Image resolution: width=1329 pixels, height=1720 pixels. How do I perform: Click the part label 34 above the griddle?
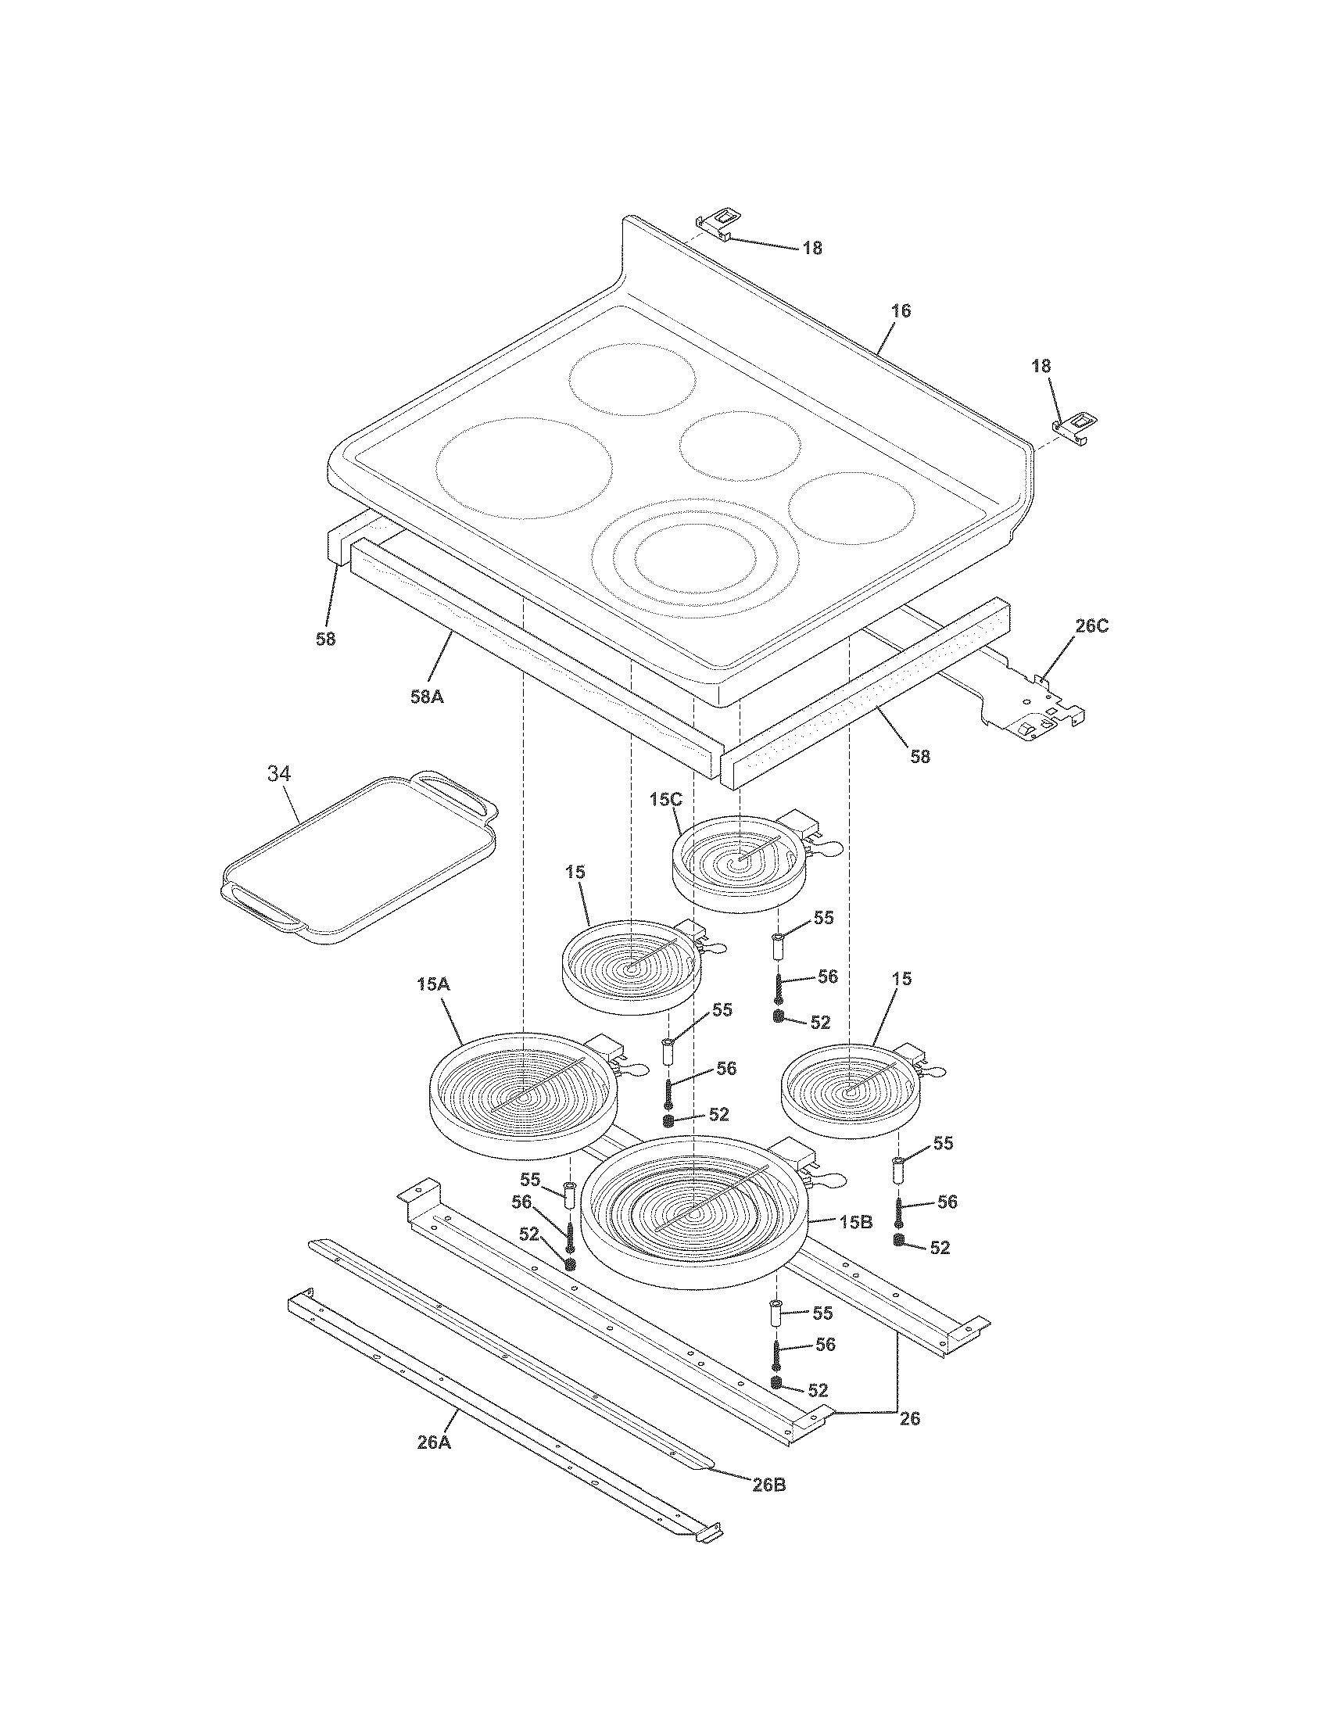click(279, 774)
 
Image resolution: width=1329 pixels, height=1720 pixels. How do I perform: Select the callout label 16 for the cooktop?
click(901, 311)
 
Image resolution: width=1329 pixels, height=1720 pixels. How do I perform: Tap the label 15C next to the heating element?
click(664, 799)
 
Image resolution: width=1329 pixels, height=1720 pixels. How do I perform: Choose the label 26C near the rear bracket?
click(1091, 627)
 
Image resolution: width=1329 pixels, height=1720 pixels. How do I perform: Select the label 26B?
click(768, 1485)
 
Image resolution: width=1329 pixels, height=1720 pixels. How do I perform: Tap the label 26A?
click(434, 1442)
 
